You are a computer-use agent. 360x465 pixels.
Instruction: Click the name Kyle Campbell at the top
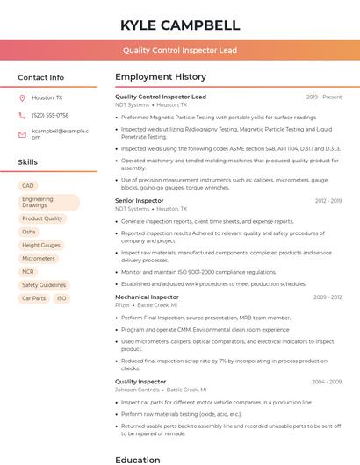pos(179,25)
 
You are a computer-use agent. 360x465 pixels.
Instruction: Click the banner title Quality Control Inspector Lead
pos(179,51)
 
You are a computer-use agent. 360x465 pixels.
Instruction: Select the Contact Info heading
pos(40,77)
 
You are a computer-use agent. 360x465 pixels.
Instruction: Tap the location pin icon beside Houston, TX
pos(22,98)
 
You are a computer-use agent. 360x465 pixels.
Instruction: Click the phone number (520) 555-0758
pos(50,115)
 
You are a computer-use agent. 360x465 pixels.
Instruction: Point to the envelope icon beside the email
pos(22,134)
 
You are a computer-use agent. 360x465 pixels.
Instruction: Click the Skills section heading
pos(27,162)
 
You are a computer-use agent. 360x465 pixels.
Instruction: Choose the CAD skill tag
pos(28,186)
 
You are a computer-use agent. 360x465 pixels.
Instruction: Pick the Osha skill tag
pos(29,232)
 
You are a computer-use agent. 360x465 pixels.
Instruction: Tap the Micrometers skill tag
pos(39,259)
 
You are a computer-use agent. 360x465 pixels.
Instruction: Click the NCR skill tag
pos(28,272)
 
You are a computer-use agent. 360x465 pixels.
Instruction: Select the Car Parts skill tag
pos(33,298)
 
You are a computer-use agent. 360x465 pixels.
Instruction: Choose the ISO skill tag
pos(61,298)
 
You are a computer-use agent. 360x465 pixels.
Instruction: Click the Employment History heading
pos(161,77)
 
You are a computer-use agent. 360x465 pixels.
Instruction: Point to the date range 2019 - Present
pos(324,97)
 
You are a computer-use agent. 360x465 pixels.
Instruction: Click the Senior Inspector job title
pos(139,201)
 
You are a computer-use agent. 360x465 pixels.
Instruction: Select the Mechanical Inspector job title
pos(147,297)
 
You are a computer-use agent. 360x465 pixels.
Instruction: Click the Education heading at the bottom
pos(138,459)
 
